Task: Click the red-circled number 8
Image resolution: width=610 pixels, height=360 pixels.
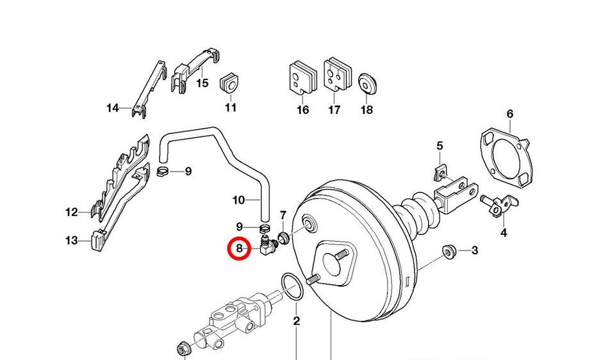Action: point(239,249)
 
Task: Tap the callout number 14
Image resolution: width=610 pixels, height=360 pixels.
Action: point(113,108)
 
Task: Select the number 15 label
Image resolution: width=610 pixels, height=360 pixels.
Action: point(202,83)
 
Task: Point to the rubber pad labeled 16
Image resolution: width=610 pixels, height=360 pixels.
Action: point(302,77)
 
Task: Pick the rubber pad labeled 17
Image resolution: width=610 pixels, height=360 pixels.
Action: point(337,75)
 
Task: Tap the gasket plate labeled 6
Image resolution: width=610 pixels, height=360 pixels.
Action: point(506,156)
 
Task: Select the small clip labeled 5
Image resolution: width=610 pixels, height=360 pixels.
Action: point(439,172)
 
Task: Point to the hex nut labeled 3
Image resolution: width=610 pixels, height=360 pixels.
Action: point(449,252)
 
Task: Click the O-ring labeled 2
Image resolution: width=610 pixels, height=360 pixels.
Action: point(293,287)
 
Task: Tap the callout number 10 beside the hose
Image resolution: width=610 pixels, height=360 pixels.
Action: point(238,200)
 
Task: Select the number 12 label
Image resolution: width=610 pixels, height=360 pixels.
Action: point(72,212)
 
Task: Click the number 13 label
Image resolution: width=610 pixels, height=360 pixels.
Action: point(72,241)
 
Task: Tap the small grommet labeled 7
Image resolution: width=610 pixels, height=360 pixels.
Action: point(283,238)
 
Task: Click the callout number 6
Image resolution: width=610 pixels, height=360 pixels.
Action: point(509,114)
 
